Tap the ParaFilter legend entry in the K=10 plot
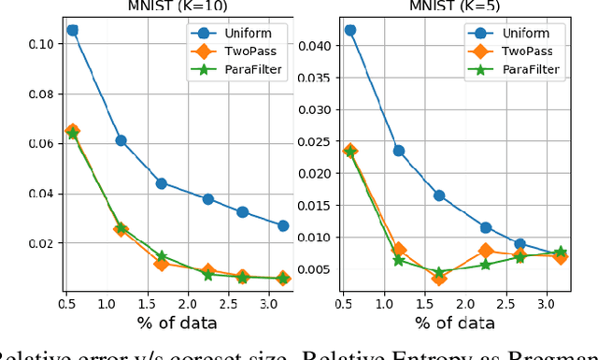click(246, 68)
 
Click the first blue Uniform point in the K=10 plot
click(72, 30)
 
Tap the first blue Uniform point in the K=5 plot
click(349, 30)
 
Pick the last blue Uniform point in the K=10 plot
click(283, 225)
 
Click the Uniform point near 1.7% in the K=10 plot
click(161, 183)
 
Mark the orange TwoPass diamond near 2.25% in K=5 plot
click(486, 251)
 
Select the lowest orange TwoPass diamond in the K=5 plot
click(439, 278)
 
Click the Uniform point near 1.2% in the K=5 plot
click(399, 151)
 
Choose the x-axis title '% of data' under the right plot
click(455, 324)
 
